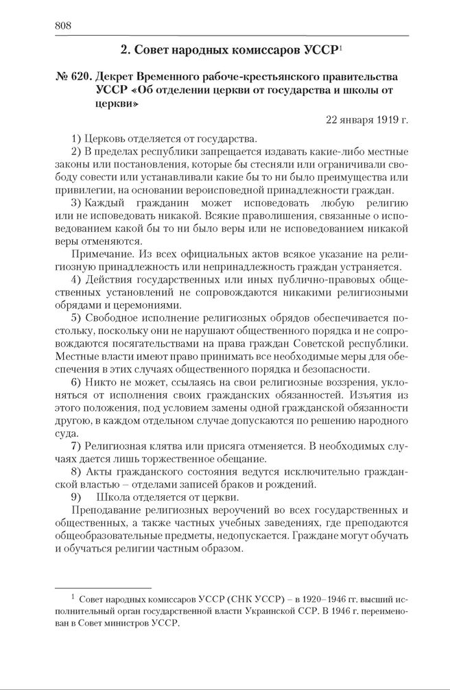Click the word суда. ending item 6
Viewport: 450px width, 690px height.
(65, 433)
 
